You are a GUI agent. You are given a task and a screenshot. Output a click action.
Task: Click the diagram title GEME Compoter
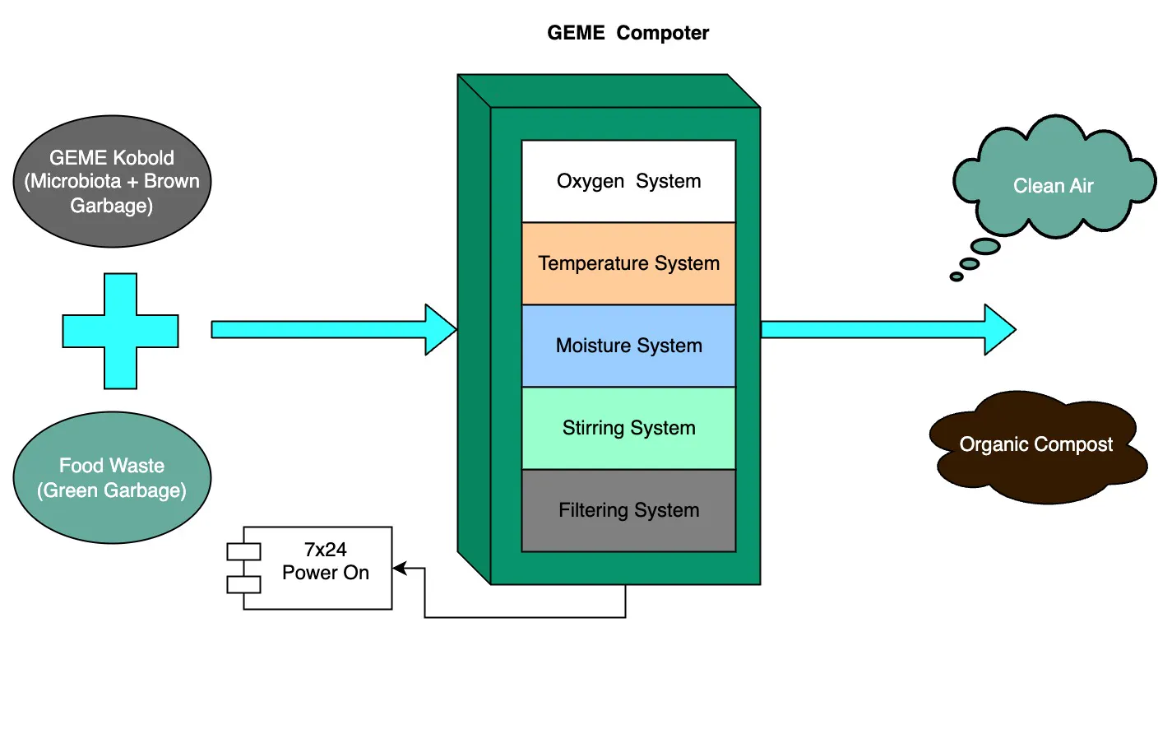tap(628, 33)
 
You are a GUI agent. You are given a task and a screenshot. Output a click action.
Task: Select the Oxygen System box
tap(628, 181)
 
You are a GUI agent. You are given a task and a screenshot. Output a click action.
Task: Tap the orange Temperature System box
tap(628, 263)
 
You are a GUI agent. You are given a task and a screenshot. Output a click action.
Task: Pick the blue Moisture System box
tap(628, 346)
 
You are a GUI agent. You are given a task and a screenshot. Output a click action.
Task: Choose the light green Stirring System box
tap(628, 428)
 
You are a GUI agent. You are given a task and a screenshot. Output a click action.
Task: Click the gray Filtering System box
tap(628, 510)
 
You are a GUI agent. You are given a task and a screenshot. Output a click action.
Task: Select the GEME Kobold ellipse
tap(112, 181)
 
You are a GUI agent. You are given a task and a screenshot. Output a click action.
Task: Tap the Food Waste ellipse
tap(112, 477)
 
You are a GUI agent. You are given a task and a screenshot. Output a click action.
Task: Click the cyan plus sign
tap(121, 331)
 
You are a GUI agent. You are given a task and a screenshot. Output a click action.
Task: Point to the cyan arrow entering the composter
tap(329, 330)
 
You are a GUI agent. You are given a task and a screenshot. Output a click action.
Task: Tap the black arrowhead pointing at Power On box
tap(400, 568)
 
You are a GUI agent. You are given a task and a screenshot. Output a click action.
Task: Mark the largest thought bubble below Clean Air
tap(985, 246)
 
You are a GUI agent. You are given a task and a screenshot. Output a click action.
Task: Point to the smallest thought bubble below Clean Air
tap(957, 276)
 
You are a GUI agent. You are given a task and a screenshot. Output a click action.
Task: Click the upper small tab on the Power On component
tap(243, 551)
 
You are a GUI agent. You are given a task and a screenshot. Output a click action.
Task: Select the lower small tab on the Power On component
tap(243, 584)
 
